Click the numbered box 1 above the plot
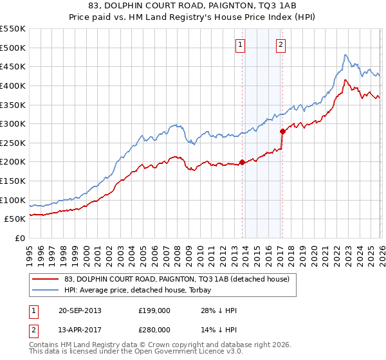(x=240, y=44)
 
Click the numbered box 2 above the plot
(x=281, y=44)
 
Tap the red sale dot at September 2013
(x=242, y=162)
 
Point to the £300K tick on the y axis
(x=13, y=123)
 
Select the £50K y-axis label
(x=15, y=219)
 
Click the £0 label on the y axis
(x=19, y=238)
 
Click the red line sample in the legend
(x=46, y=279)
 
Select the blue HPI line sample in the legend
(x=46, y=290)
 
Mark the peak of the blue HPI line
(x=345, y=55)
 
